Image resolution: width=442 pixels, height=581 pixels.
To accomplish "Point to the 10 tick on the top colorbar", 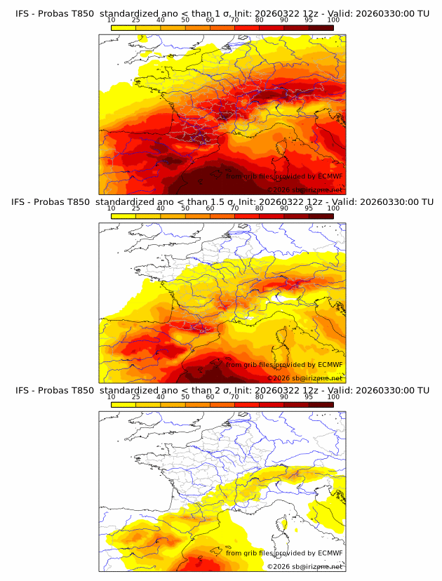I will pyautogui.click(x=112, y=20).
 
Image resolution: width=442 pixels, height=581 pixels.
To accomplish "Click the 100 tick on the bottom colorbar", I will pyautogui.click(x=333, y=397).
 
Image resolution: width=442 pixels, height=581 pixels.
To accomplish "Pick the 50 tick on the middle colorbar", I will pyautogui.click(x=185, y=208).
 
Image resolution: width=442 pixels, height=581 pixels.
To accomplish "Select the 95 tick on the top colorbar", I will pyautogui.click(x=309, y=20).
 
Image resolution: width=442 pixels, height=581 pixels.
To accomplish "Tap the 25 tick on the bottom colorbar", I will pyautogui.click(x=136, y=397).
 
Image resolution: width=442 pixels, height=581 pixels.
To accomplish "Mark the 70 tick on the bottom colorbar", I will pyautogui.click(x=235, y=397).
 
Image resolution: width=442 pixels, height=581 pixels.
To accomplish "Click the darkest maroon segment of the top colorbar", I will pyautogui.click(x=321, y=28).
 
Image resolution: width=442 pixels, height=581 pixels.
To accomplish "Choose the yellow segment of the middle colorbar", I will pyautogui.click(x=123, y=217).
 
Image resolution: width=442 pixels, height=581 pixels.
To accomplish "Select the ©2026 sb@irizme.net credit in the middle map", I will pyautogui.click(x=305, y=378).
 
